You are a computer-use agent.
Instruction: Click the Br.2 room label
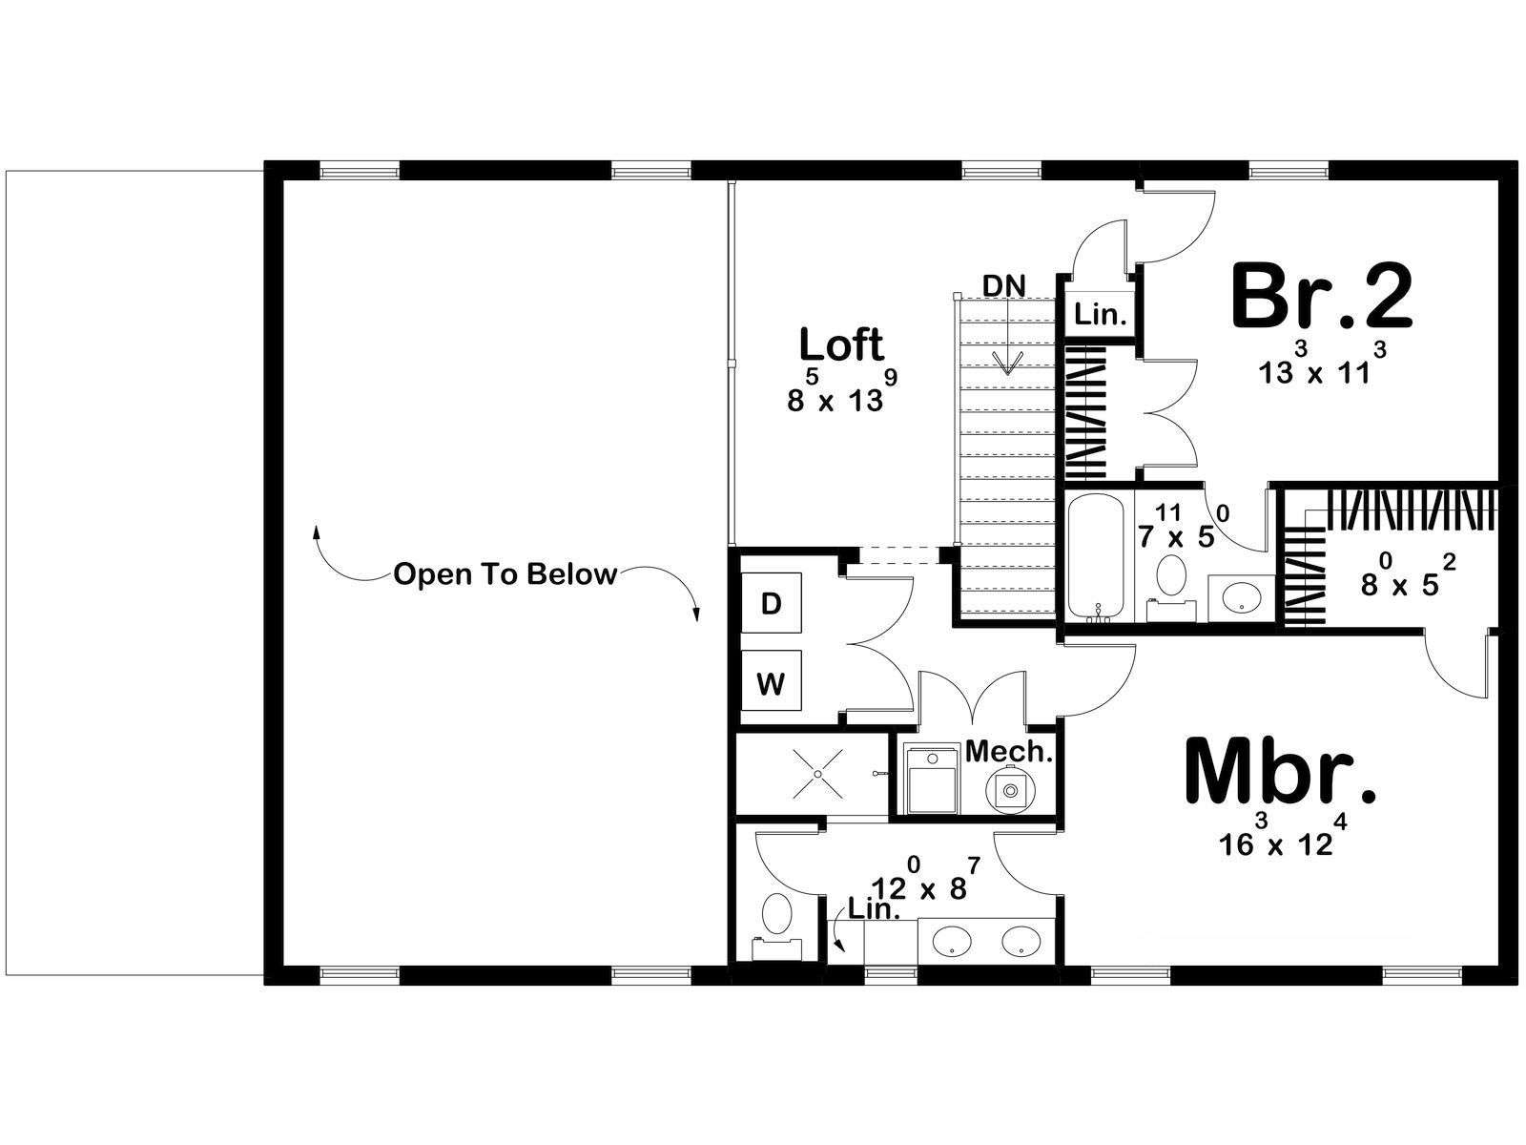coord(1322,298)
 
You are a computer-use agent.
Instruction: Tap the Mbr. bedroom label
coord(1280,772)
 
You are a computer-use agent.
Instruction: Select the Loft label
coord(841,344)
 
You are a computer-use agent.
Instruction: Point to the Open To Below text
coord(505,574)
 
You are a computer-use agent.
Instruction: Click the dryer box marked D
coord(771,603)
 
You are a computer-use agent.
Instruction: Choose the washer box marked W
coord(771,680)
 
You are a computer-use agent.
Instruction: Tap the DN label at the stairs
coord(1004,285)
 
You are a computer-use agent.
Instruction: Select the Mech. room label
coord(1009,751)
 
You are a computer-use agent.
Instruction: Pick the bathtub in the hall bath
coord(1096,556)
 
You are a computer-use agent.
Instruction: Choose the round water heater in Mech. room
coord(1010,790)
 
